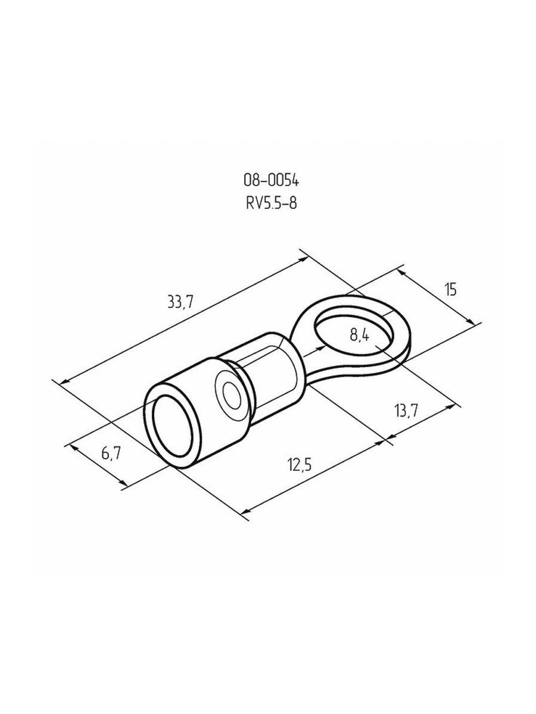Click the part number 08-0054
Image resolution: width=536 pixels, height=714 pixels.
coord(271,181)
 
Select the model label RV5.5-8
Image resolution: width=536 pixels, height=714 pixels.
coord(271,203)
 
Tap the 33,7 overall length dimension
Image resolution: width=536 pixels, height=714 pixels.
coord(180,302)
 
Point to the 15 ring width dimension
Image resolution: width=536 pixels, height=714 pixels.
coord(451,290)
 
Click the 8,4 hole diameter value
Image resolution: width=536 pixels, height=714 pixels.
coord(360,335)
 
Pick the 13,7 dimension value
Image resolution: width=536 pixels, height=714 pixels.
coord(406,412)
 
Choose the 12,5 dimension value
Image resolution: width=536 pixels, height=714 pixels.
coord(300,465)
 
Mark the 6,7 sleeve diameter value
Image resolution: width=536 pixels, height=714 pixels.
coord(111,453)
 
